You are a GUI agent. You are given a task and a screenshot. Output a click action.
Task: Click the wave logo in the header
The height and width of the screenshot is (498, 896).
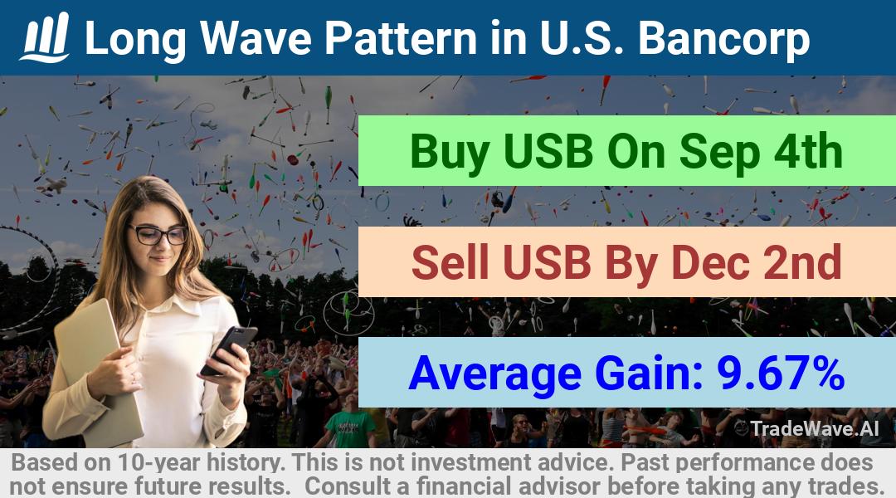tap(45, 37)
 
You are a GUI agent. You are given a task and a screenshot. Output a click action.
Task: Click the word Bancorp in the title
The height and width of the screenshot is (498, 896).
tap(723, 38)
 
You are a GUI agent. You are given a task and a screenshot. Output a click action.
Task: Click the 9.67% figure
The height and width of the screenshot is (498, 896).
tap(782, 373)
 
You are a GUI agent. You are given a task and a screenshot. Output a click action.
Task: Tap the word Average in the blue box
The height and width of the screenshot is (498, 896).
tap(494, 373)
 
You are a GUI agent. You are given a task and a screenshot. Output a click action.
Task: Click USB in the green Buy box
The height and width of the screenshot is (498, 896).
tap(549, 152)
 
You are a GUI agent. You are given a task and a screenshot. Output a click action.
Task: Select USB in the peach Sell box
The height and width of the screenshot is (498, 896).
tap(547, 261)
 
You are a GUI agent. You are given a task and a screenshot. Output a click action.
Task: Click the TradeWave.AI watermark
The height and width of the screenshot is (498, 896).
tap(807, 428)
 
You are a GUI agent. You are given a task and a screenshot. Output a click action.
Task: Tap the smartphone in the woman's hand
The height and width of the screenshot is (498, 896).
tap(229, 349)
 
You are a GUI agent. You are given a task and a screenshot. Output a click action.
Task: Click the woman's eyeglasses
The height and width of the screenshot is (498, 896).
tap(158, 234)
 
